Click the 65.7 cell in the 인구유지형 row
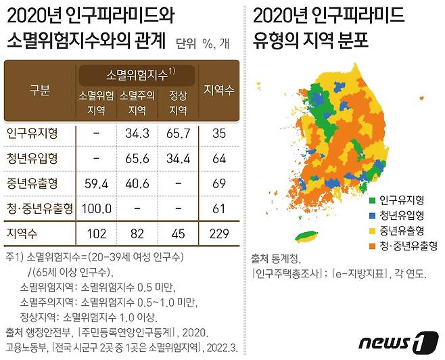(178, 134)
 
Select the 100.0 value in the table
(96, 208)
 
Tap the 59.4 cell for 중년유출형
(96, 183)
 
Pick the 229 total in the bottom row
(218, 233)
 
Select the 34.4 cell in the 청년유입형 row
(178, 158)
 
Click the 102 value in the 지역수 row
(96, 233)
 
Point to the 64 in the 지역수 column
(218, 158)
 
